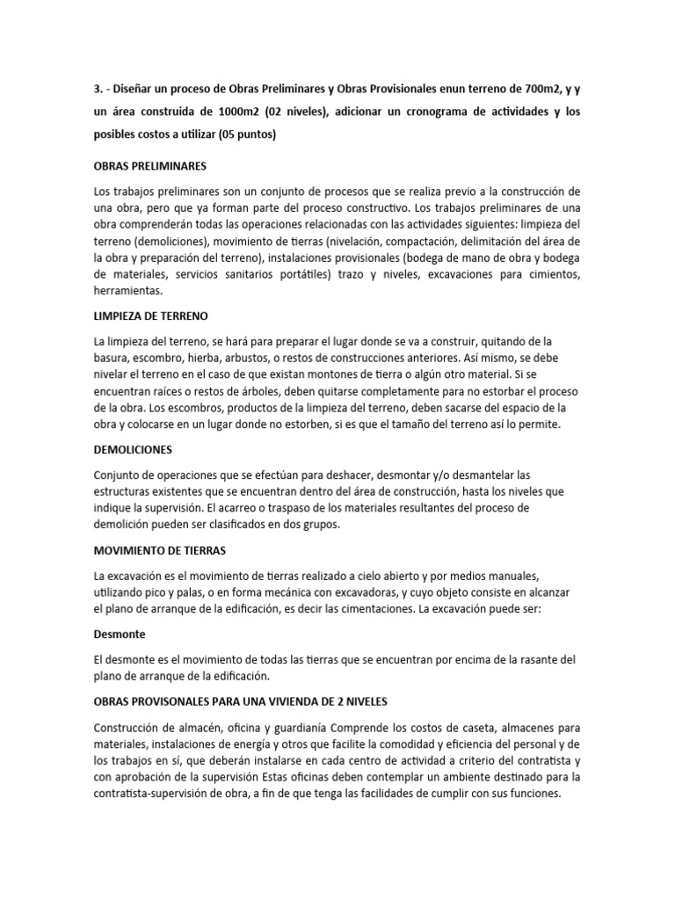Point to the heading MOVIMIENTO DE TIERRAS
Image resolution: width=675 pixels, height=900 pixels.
[160, 550]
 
